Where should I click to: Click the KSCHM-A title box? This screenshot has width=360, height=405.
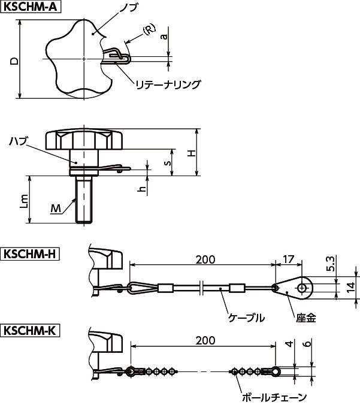(31, 7)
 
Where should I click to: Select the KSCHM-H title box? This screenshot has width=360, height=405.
(30, 254)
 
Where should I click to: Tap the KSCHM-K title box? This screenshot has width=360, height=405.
(30, 331)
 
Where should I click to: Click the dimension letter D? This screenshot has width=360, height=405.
(14, 61)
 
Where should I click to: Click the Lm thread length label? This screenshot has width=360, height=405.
(24, 202)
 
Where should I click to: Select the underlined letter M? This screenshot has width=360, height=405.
(56, 208)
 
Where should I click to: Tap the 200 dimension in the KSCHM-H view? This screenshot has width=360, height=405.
(205, 259)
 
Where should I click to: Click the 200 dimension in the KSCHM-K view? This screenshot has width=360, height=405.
(205, 341)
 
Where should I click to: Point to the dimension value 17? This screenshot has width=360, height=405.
(288, 259)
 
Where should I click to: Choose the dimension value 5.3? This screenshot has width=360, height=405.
(330, 264)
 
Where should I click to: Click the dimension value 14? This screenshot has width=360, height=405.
(350, 287)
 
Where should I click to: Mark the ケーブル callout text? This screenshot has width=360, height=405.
(246, 318)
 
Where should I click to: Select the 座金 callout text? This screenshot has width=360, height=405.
(306, 318)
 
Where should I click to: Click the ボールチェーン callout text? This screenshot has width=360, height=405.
(274, 397)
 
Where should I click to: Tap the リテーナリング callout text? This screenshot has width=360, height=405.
(168, 84)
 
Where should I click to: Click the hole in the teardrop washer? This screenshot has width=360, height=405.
(301, 288)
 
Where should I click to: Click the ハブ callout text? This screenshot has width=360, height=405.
(18, 141)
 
